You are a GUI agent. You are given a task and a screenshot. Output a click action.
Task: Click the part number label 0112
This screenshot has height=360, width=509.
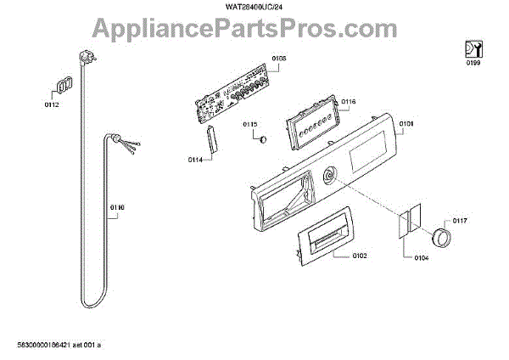click(x=53, y=104)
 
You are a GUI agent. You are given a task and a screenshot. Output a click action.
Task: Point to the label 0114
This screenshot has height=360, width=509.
click(x=194, y=159)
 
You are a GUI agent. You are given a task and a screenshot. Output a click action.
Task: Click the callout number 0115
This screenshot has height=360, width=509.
click(x=250, y=125)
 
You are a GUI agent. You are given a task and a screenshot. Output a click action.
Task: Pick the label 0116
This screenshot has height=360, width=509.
click(x=349, y=102)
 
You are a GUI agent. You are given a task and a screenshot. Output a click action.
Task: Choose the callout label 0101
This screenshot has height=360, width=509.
click(x=406, y=125)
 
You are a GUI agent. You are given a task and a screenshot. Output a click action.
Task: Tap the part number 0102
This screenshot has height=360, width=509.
click(x=359, y=256)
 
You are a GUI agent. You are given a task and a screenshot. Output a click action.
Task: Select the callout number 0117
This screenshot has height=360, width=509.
click(x=460, y=222)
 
